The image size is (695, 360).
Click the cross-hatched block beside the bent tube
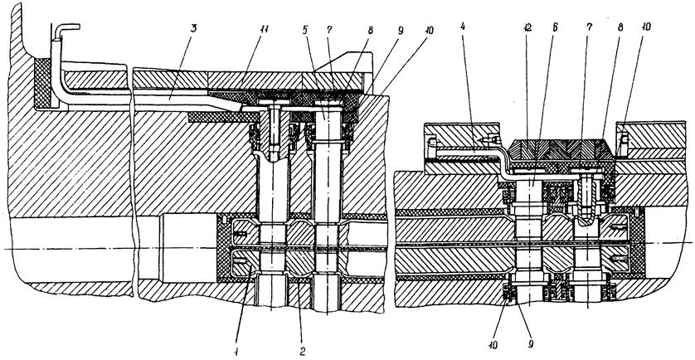click(x=40, y=80)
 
